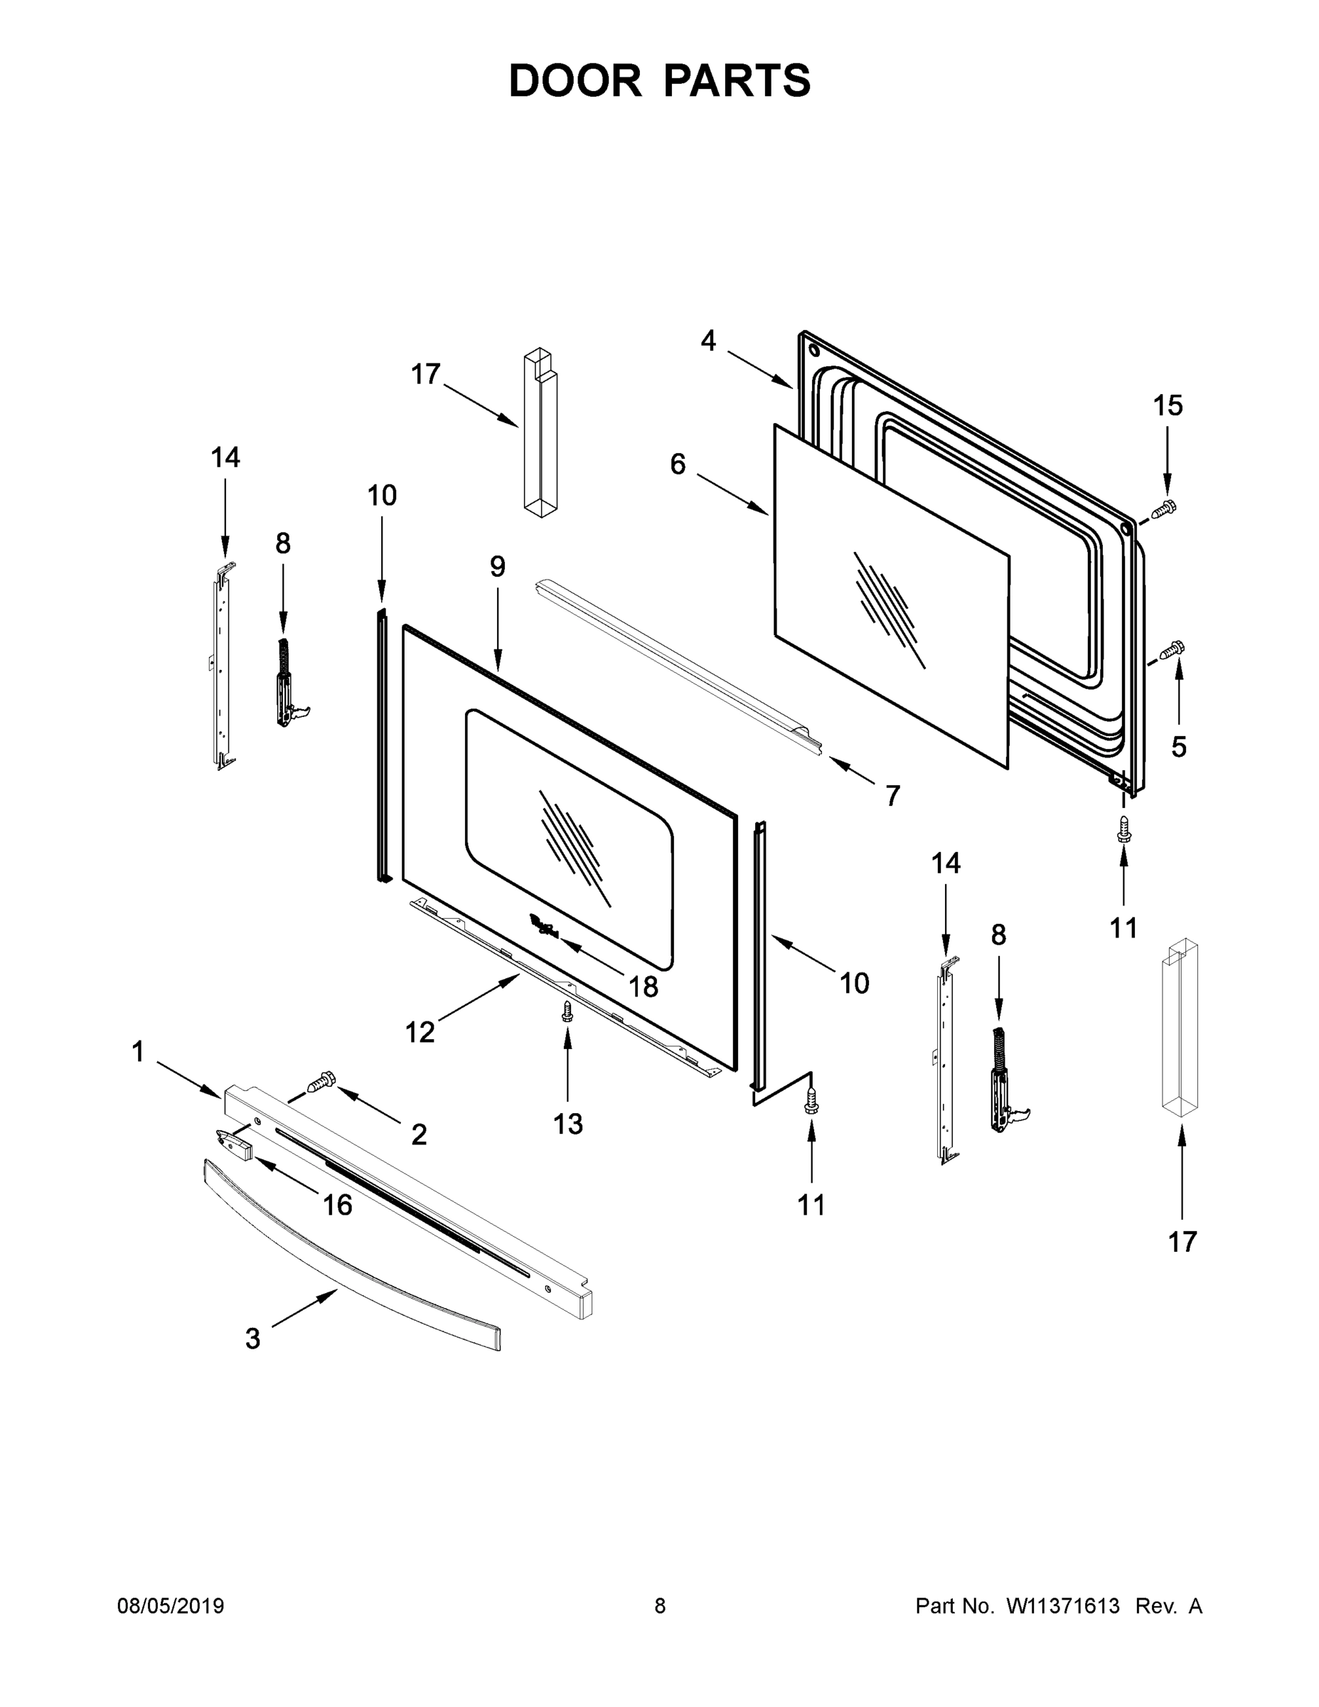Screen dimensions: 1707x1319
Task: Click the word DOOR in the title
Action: tap(575, 81)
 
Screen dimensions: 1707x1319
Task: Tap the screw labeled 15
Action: tap(1164, 509)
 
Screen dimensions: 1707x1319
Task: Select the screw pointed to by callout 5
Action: tap(1173, 649)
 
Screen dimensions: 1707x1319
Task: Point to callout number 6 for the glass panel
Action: tap(678, 464)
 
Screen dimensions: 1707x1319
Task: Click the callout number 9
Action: tap(498, 566)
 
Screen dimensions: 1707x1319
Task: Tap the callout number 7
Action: tap(893, 796)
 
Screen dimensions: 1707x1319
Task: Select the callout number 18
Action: tap(643, 987)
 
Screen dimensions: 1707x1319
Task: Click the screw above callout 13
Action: tap(567, 1011)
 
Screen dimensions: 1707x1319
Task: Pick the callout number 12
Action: tap(420, 1033)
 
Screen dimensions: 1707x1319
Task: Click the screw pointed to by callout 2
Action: tap(321, 1083)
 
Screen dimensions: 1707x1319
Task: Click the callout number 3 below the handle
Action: tap(252, 1339)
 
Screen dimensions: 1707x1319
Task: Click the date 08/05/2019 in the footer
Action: tap(171, 1606)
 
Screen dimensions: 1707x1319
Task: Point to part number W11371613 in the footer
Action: tap(1063, 1606)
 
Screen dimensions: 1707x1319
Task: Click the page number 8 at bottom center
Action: tap(660, 1606)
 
